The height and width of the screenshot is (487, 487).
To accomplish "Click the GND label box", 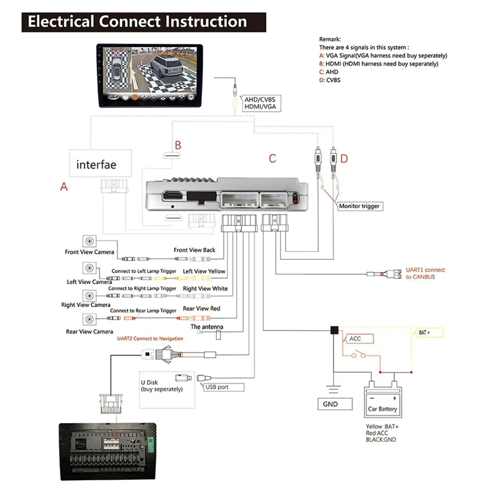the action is pyautogui.click(x=335, y=404).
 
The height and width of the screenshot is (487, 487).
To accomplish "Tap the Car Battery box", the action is pyautogui.click(x=383, y=402).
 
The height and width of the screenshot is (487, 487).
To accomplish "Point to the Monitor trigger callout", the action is pyautogui.click(x=360, y=206).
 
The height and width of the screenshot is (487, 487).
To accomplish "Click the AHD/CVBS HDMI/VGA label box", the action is pyautogui.click(x=262, y=103).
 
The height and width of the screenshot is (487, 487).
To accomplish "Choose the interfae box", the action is pyautogui.click(x=100, y=163).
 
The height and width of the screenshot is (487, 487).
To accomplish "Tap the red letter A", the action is pyautogui.click(x=64, y=187).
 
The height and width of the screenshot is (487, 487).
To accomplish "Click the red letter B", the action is pyautogui.click(x=178, y=145).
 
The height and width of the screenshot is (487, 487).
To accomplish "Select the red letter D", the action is pyautogui.click(x=344, y=159).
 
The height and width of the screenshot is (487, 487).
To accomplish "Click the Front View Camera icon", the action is pyautogui.click(x=89, y=241).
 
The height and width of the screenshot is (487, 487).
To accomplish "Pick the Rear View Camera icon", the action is pyautogui.click(x=89, y=319).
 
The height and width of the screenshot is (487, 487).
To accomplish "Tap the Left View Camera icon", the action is pyautogui.click(x=89, y=268).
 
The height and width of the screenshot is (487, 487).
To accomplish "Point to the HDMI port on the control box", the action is pyautogui.click(x=173, y=196).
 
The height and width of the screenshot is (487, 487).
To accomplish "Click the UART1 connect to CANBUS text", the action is pyautogui.click(x=425, y=273).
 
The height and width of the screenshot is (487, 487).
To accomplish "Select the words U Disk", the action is pyautogui.click(x=149, y=382).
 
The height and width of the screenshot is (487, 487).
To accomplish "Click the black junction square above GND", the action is pyautogui.click(x=334, y=330).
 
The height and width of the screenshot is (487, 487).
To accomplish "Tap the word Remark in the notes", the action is pyautogui.click(x=329, y=39).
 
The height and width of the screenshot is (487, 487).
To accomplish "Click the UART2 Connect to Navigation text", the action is pyautogui.click(x=150, y=338).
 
